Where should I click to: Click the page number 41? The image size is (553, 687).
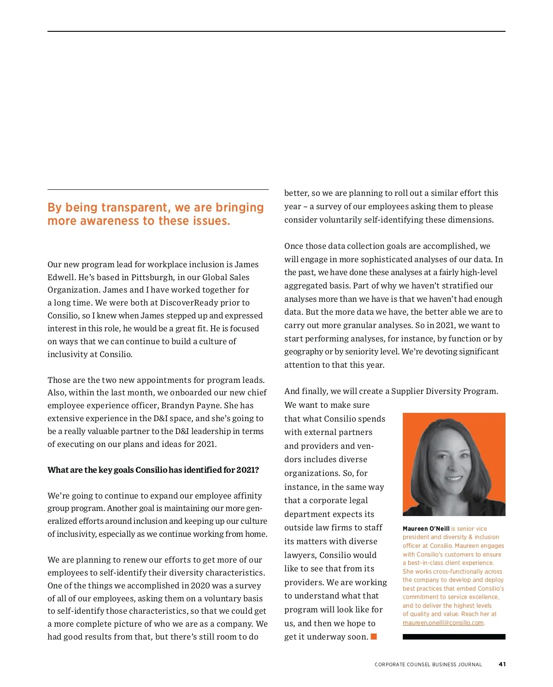(x=502, y=664)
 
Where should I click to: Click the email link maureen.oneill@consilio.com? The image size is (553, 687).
(x=443, y=623)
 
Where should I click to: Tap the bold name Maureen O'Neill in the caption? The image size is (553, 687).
(x=426, y=528)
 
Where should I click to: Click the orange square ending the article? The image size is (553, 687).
(x=374, y=637)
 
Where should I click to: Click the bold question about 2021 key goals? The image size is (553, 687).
(x=153, y=470)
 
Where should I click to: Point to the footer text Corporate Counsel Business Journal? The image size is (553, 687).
(x=428, y=664)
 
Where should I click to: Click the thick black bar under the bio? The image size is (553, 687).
(x=454, y=637)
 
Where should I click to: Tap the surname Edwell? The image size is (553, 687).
(x=60, y=277)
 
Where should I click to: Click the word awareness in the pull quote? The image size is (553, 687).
(x=110, y=221)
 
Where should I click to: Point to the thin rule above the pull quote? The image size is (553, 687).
(x=158, y=190)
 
